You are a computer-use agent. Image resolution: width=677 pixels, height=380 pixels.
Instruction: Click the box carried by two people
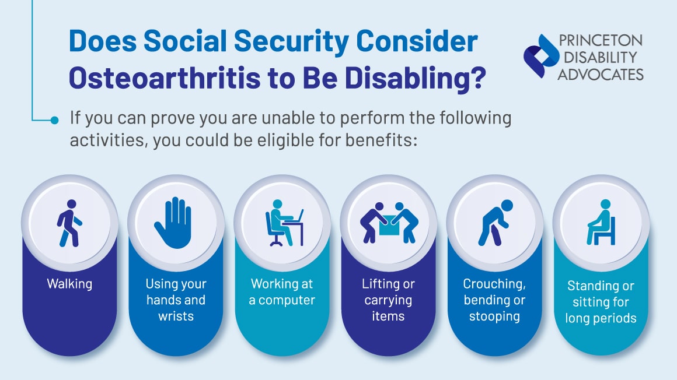pos(388,227)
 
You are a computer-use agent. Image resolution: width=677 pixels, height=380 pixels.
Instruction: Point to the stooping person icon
pos(494,222)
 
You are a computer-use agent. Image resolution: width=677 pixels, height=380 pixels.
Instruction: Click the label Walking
pos(69,284)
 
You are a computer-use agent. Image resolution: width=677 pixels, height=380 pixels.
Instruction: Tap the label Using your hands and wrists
pos(176,300)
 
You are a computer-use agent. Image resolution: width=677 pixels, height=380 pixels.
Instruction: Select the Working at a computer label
pos(282,292)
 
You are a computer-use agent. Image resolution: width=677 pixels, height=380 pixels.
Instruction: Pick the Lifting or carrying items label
pos(388,300)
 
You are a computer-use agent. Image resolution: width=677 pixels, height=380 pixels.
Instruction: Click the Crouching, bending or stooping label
pos(494,300)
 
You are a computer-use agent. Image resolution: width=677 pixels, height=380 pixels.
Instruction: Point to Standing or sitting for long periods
pos(601,302)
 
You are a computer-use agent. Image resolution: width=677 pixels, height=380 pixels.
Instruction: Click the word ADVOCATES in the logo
pos(601,74)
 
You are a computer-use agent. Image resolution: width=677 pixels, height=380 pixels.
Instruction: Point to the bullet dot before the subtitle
pos(55,121)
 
